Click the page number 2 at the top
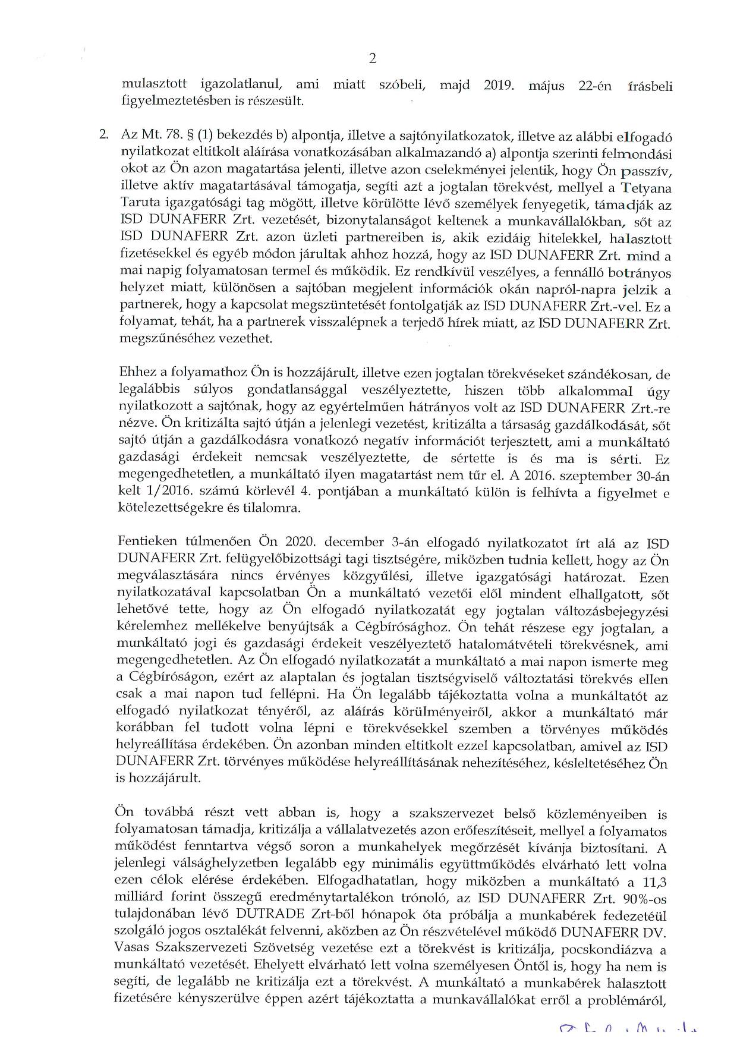click(373, 58)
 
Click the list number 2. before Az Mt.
click(104, 135)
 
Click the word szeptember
click(585, 476)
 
